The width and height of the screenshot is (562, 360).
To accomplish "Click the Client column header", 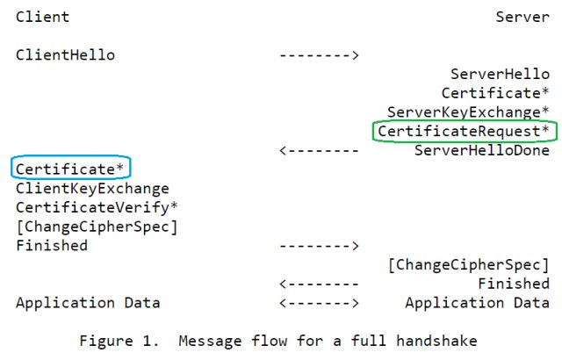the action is (43, 17).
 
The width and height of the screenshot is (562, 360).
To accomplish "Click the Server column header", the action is (522, 17).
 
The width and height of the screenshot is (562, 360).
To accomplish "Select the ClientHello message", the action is (65, 54).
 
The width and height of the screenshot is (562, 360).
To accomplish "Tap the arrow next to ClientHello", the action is (319, 55).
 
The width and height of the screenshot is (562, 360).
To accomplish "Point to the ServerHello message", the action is (500, 74).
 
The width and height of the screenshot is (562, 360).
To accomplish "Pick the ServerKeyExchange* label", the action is (468, 112).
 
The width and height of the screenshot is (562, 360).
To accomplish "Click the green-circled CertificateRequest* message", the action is (464, 131).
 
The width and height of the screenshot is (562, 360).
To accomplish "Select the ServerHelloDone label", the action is (482, 150).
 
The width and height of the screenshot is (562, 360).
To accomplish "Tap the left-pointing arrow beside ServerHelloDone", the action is (319, 150).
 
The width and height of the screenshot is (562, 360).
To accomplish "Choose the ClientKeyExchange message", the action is (92, 189).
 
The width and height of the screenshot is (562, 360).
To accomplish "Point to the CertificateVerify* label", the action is (97, 207).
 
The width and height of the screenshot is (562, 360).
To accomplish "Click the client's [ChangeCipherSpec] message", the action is (97, 227).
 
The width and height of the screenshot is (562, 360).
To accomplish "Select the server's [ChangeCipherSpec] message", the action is (469, 265).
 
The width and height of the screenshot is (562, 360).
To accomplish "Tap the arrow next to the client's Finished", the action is (319, 246).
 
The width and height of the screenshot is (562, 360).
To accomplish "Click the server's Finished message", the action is (514, 284).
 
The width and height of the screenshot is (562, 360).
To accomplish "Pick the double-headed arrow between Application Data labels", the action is (319, 303).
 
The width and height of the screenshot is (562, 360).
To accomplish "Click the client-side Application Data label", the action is (88, 303).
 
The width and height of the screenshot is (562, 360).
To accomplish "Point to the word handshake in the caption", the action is (436, 341).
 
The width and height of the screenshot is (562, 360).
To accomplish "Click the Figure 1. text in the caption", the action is (119, 341).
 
